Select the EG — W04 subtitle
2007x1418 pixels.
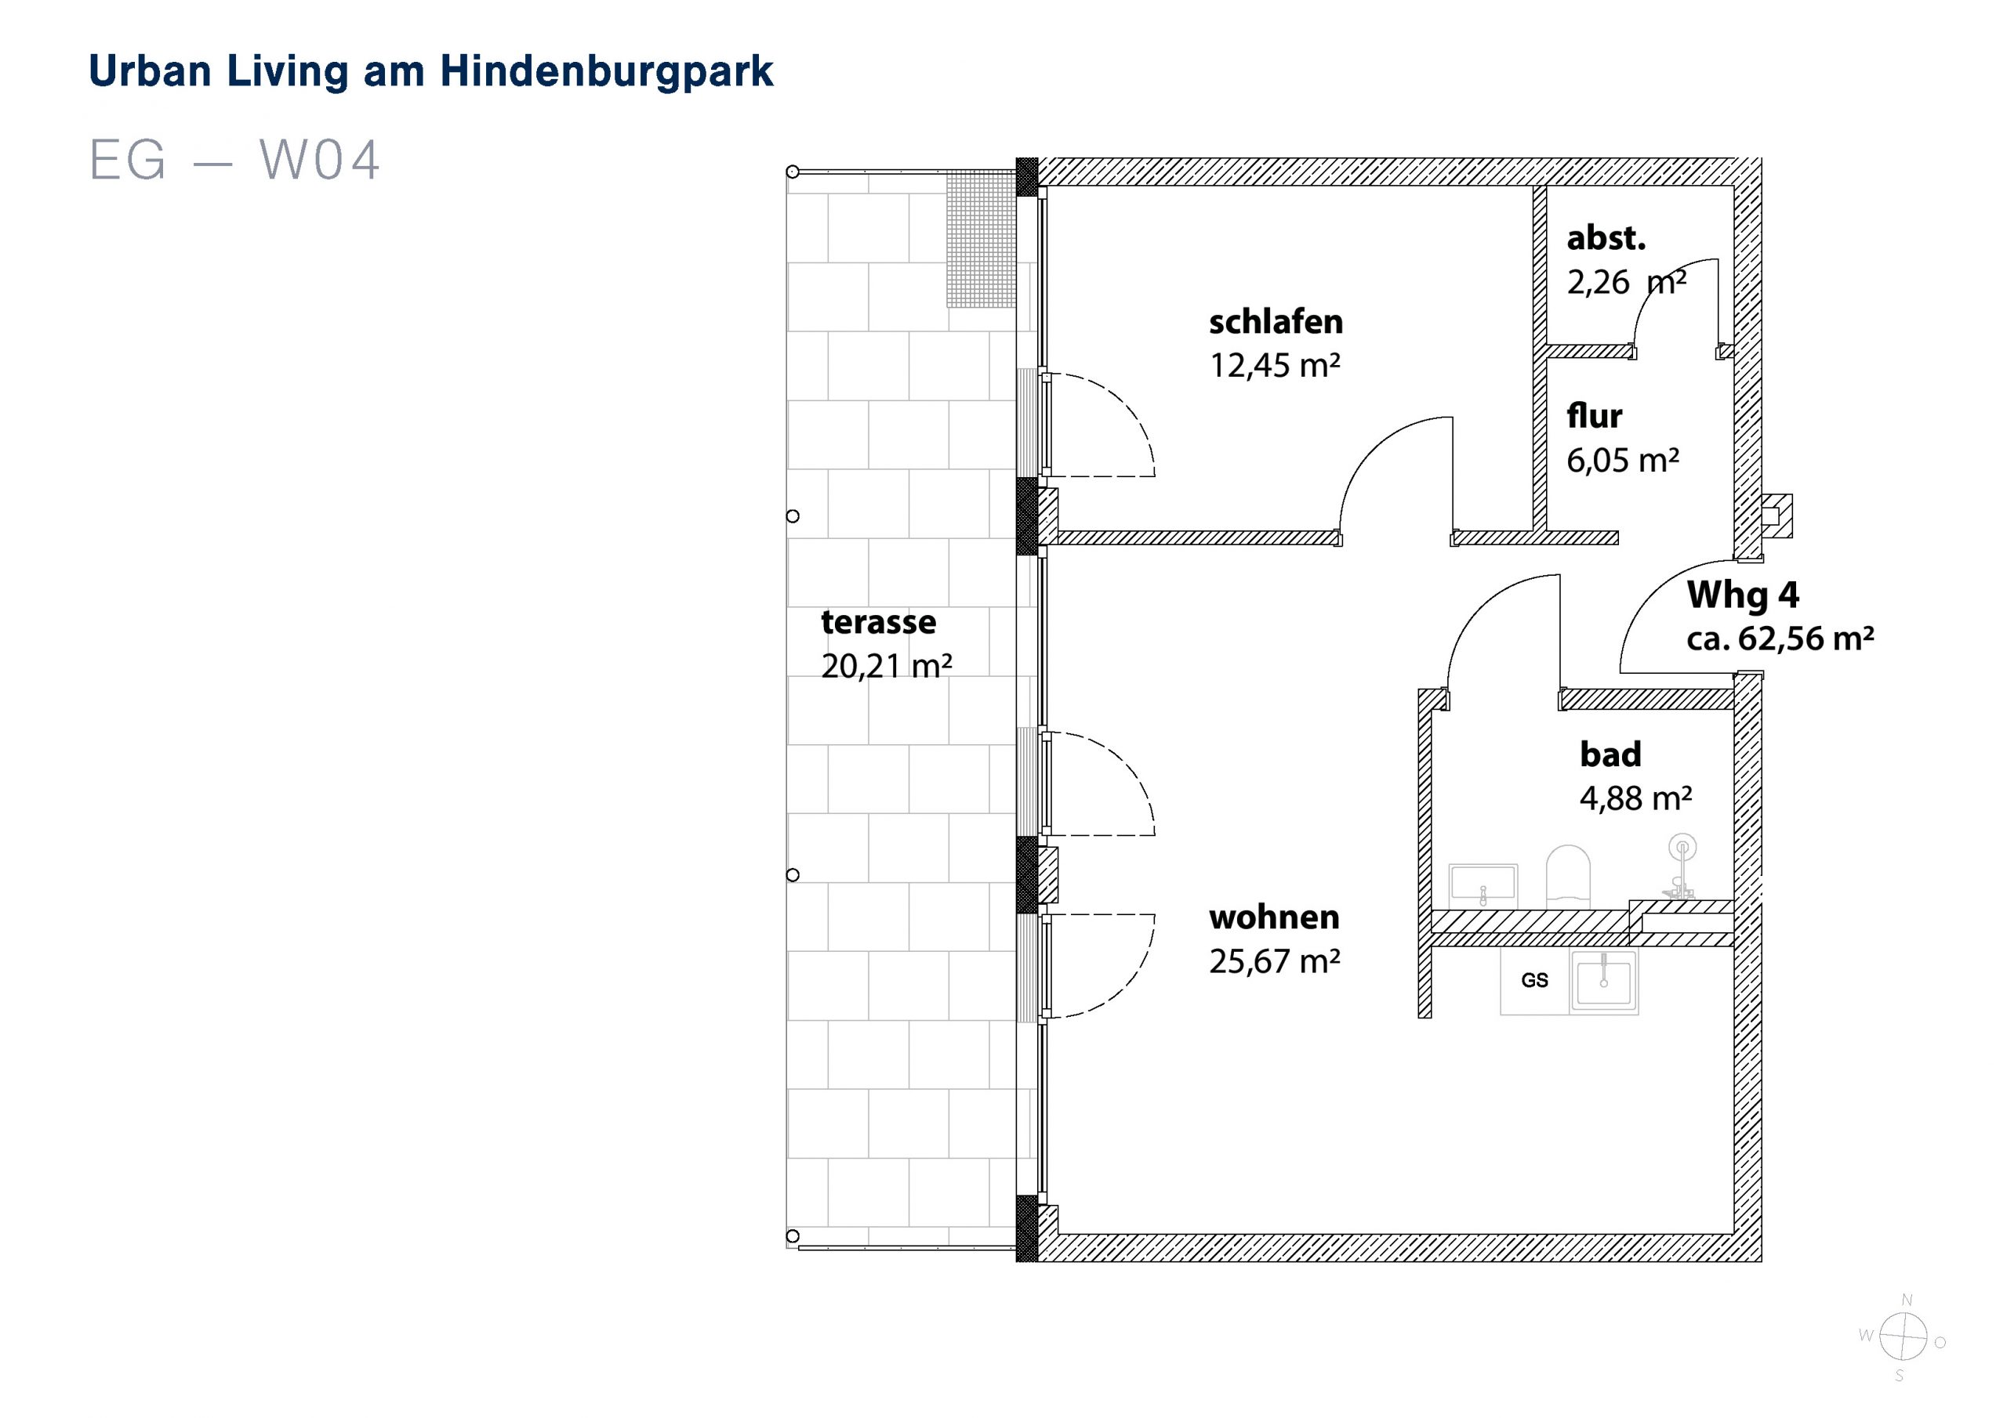tap(234, 160)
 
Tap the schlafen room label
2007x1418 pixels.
tap(1276, 323)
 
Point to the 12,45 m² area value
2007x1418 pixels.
tap(1275, 365)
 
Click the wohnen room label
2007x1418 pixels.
tap(1274, 917)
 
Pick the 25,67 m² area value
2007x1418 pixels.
tap(1275, 961)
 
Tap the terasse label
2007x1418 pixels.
tap(879, 622)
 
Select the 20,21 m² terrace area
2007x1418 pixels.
tap(887, 666)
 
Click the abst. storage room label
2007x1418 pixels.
tap(1606, 237)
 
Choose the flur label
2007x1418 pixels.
tap(1594, 416)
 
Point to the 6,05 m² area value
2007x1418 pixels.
tap(1622, 461)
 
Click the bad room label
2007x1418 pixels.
tap(1610, 754)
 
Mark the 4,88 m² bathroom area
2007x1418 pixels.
tap(1635, 798)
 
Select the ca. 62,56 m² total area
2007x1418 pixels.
tap(1780, 638)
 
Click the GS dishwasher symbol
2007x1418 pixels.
tap(1535, 980)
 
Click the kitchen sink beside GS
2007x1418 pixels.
tap(1604, 980)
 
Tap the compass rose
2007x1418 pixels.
tap(1903, 1337)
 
